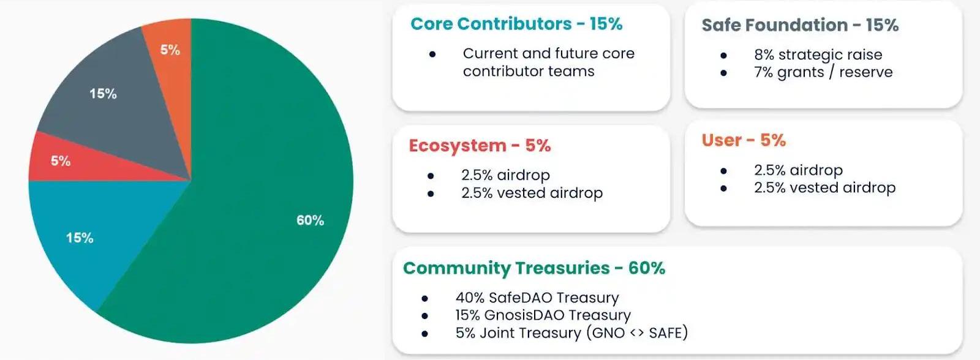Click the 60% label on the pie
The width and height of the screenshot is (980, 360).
[310, 220]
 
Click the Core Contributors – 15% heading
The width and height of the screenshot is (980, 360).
[516, 24]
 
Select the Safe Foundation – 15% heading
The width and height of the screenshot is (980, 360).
[800, 25]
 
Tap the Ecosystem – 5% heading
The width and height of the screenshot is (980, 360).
[480, 146]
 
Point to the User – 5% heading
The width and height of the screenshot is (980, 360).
[744, 140]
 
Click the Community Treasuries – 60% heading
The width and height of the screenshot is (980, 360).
[534, 268]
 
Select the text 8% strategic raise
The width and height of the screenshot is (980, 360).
[818, 54]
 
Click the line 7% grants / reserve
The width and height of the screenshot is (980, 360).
[823, 72]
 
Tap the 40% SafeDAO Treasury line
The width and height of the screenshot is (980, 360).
[537, 298]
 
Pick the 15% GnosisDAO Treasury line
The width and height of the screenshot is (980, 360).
[543, 315]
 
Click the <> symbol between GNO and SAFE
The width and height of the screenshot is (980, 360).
[636, 333]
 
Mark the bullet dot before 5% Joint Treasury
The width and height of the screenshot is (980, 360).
[424, 334]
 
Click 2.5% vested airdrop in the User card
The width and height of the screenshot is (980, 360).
[824, 188]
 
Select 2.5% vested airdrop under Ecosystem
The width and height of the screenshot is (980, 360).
[532, 193]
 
